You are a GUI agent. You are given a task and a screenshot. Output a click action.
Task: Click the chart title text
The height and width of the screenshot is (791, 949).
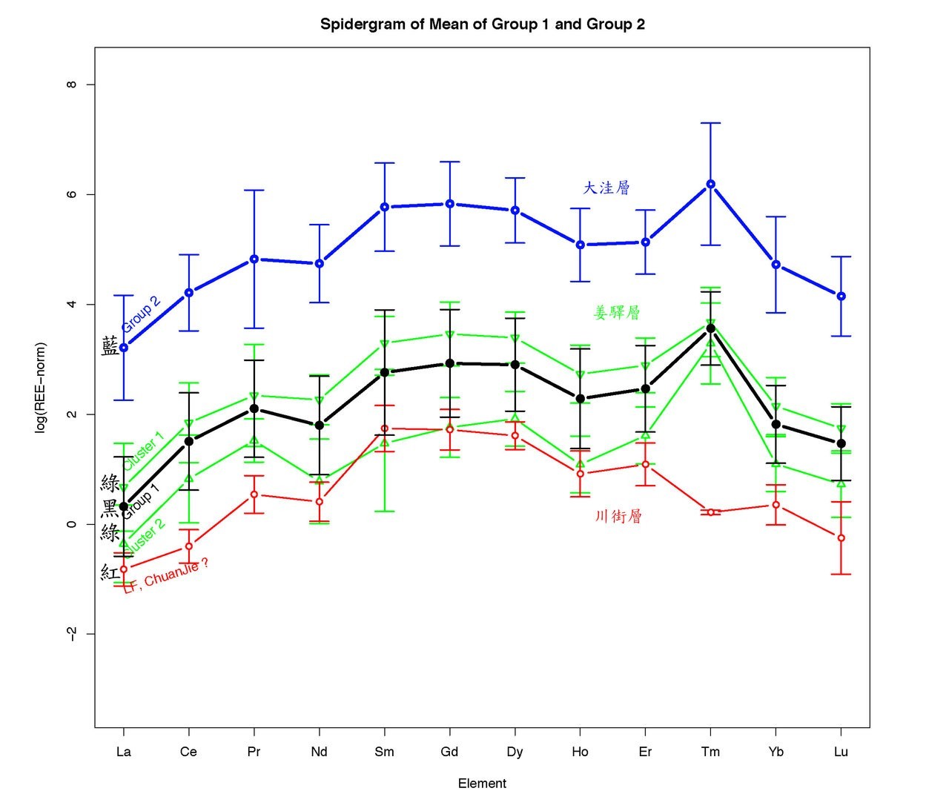click(x=482, y=24)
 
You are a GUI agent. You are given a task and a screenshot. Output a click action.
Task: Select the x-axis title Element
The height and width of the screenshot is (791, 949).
click(x=482, y=784)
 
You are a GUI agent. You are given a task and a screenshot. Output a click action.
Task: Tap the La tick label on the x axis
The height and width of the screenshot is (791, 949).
click(x=124, y=752)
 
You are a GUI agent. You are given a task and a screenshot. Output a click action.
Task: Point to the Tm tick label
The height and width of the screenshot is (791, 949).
click(x=710, y=752)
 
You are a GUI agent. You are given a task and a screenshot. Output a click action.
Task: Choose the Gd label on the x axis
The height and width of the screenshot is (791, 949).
click(x=449, y=752)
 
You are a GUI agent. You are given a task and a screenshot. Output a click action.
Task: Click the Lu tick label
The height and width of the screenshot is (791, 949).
click(x=841, y=752)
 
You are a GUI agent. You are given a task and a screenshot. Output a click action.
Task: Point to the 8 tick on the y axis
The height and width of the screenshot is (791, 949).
click(x=72, y=85)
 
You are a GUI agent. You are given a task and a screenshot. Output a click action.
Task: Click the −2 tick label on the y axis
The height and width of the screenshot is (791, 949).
click(x=72, y=634)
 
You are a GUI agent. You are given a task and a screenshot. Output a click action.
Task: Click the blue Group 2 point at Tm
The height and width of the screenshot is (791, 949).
click(x=710, y=184)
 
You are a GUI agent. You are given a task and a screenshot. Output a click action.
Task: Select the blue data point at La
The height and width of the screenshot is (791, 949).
click(x=124, y=348)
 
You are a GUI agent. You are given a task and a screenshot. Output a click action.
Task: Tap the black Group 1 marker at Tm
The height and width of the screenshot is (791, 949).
click(x=710, y=328)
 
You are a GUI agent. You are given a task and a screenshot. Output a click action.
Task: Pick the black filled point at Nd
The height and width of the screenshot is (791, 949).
click(x=319, y=426)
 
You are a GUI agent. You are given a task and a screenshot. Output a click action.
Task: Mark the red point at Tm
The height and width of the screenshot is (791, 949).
click(x=710, y=512)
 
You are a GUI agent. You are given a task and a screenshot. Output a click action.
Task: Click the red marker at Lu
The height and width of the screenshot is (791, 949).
click(x=841, y=537)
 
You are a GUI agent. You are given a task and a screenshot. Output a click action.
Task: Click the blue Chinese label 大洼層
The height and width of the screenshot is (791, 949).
click(x=606, y=188)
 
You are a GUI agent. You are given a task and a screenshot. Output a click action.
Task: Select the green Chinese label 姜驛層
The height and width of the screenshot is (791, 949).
click(x=617, y=313)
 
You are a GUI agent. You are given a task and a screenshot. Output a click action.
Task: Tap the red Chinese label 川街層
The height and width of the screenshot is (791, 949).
click(x=618, y=517)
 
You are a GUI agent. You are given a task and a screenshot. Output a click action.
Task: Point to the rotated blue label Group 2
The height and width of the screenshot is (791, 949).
click(x=141, y=314)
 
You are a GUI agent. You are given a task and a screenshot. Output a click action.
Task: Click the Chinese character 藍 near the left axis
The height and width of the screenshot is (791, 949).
click(x=110, y=346)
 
